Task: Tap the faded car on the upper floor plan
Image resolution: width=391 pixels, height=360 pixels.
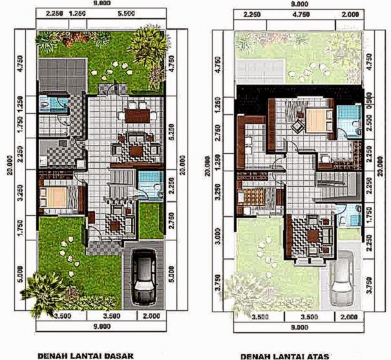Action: (341, 282)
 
